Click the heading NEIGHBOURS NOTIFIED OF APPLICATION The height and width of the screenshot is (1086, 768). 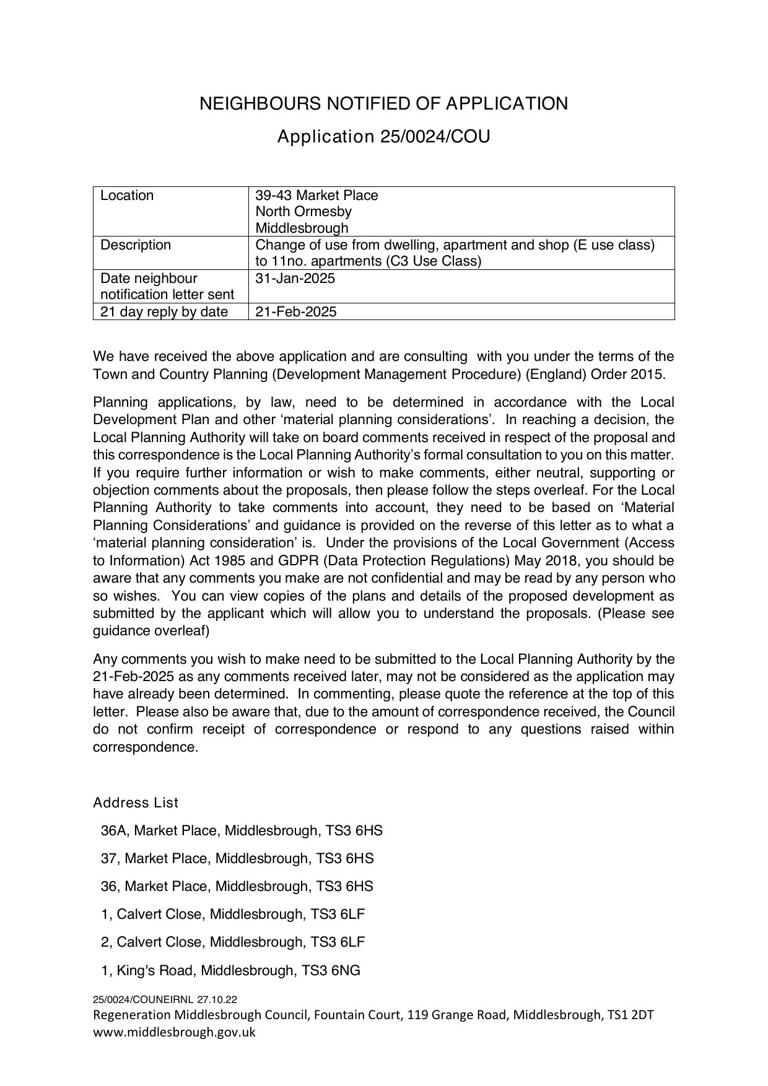click(x=383, y=103)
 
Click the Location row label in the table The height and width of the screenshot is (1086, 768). click(x=127, y=196)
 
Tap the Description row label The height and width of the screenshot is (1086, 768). click(x=136, y=245)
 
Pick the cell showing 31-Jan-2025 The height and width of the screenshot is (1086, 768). click(x=295, y=279)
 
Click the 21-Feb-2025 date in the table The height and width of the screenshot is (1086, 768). click(x=296, y=312)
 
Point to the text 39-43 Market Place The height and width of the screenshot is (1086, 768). click(x=316, y=196)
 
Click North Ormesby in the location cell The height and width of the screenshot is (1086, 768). click(x=303, y=212)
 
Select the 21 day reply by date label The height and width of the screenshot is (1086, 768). click(x=164, y=312)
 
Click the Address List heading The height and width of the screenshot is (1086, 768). click(x=136, y=803)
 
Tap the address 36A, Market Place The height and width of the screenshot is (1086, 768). click(x=242, y=831)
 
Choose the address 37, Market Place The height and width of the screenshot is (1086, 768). click(x=237, y=859)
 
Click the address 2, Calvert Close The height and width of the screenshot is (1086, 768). click(x=233, y=942)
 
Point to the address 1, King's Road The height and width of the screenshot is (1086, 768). click(x=230, y=970)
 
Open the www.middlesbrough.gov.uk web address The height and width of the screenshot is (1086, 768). click(x=174, y=1032)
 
